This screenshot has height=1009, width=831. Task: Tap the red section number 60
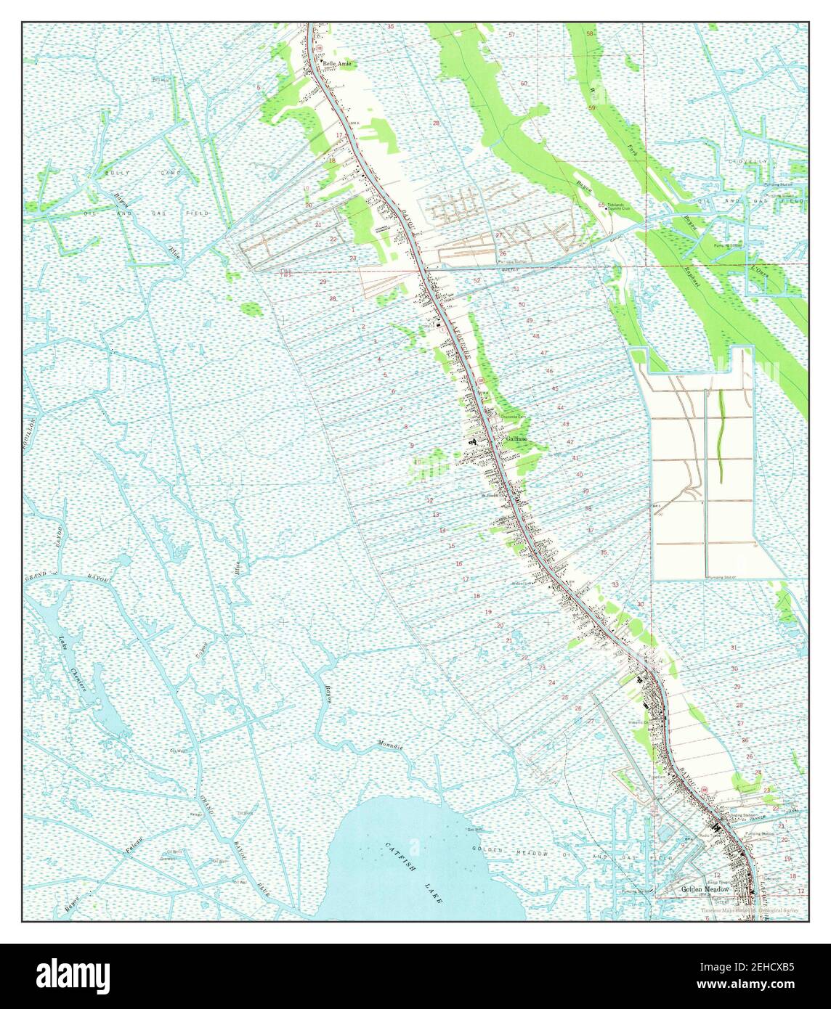pyautogui.click(x=523, y=83)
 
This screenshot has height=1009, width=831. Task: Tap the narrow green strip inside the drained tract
pyautogui.click(x=721, y=436)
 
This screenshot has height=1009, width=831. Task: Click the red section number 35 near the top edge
pyautogui.click(x=391, y=27)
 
